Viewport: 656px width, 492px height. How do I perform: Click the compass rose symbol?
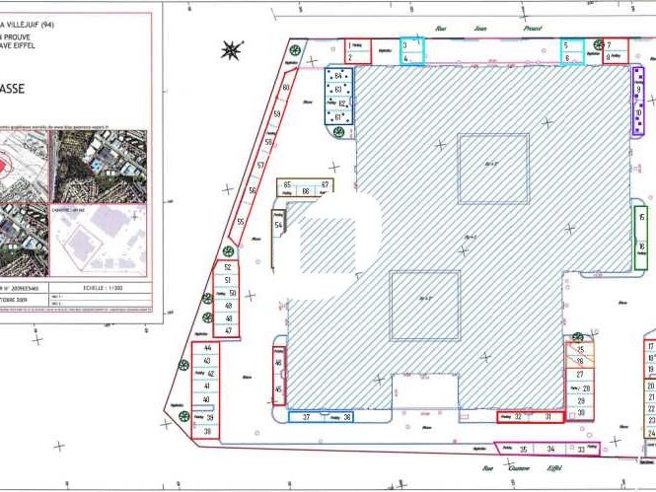233,48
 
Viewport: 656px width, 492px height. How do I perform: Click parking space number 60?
285,89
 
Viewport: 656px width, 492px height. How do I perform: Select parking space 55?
241,223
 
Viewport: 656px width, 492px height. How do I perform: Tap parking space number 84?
339,76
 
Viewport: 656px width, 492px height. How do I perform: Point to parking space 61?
339,117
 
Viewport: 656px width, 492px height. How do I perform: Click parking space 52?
228,267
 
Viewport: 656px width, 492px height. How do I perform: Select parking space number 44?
207,349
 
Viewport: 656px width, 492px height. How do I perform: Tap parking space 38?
207,431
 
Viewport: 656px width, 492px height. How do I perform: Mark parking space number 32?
518,417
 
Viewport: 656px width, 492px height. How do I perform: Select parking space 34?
551,449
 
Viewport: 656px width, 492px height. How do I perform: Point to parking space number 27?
581,375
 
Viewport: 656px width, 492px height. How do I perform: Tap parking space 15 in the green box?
642,219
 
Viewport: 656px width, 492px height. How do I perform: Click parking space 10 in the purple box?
639,113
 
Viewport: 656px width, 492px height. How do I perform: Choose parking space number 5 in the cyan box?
566,45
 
